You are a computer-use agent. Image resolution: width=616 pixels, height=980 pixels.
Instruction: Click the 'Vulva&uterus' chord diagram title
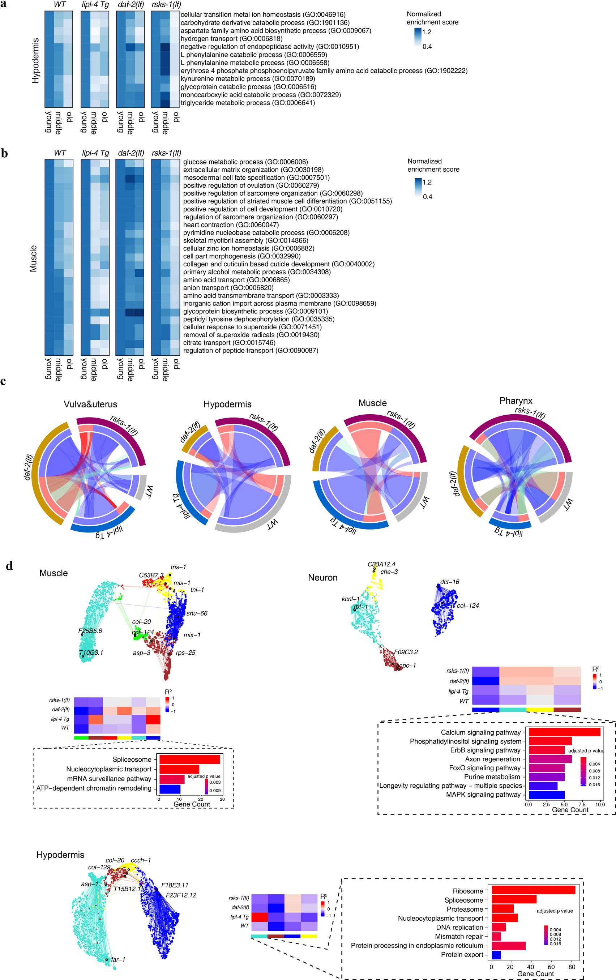click(90, 405)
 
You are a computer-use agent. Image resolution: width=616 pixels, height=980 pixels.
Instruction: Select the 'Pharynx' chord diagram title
click(516, 401)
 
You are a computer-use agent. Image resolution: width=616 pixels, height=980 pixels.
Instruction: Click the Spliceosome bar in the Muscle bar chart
click(189, 759)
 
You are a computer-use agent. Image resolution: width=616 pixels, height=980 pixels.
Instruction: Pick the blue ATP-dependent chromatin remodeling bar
click(170, 788)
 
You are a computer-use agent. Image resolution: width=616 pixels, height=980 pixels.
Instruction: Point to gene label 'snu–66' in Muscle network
click(197, 613)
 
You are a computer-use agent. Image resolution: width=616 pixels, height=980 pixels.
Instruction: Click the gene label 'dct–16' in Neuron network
click(450, 582)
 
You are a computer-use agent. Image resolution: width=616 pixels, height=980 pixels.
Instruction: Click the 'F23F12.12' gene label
click(181, 895)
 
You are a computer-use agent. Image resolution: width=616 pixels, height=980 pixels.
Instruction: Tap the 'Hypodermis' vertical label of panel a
click(36, 61)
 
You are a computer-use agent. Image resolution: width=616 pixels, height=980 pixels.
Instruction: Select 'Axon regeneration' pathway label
click(492, 759)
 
